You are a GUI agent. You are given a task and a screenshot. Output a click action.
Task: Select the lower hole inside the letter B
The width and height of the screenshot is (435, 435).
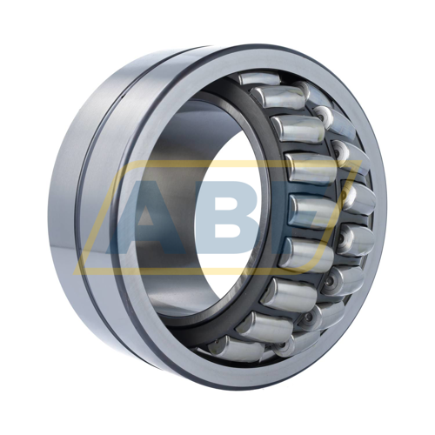coord(231,231)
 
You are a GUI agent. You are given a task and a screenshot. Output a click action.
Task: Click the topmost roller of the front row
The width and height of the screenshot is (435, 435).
coord(259,78)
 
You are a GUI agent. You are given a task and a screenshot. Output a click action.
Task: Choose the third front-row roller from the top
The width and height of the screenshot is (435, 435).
coord(298,129)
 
